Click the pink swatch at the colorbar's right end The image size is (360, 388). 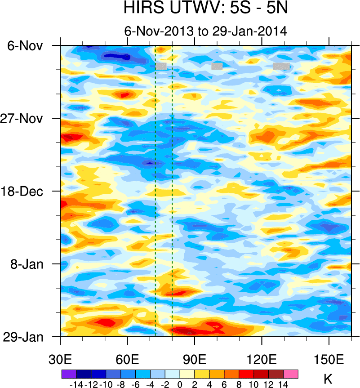click(x=291, y=374)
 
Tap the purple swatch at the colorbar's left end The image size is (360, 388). click(x=69, y=374)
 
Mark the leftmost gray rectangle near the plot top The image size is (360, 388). click(x=161, y=66)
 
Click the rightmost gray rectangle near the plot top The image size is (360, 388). click(x=281, y=66)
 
